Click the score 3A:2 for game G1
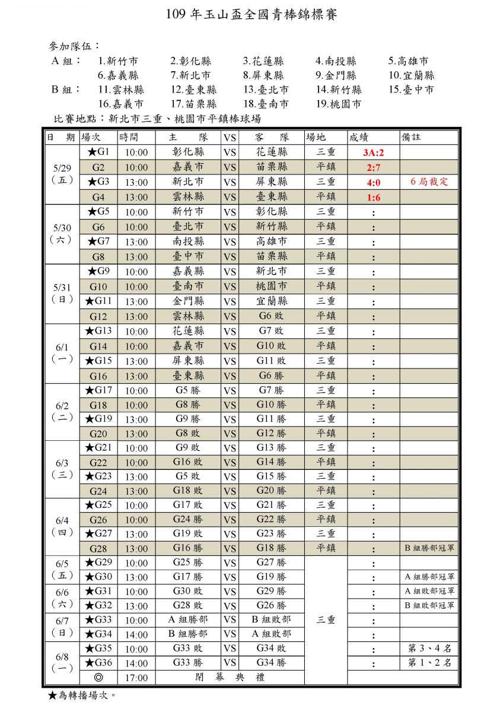point(374,152)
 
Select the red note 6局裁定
point(429,182)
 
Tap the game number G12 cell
point(98,316)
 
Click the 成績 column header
point(359,137)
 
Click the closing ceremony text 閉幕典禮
point(230,678)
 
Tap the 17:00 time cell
point(136,678)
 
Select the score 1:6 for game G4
point(374,198)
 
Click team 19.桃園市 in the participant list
point(338,104)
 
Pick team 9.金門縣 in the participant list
point(336,75)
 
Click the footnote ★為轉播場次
point(81,695)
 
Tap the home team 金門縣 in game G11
point(188,301)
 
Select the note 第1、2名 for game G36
point(429,663)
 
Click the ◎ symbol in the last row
point(98,678)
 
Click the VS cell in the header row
point(230,137)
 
